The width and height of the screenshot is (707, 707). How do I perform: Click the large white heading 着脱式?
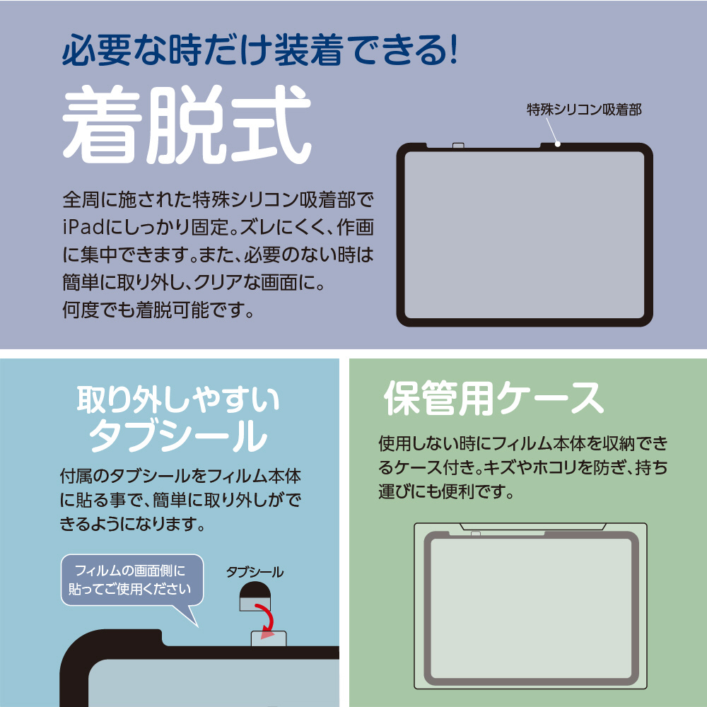click(x=187, y=124)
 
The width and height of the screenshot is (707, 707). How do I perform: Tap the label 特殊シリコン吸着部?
click(x=584, y=110)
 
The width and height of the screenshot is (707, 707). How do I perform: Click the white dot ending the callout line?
click(x=558, y=144)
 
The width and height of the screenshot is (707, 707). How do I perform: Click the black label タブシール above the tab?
click(x=255, y=572)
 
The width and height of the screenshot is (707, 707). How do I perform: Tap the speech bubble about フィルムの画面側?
click(x=132, y=582)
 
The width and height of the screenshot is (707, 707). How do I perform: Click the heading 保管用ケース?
click(x=493, y=398)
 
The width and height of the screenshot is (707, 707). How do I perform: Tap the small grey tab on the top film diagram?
click(x=458, y=145)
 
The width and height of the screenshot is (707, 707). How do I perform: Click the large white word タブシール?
click(x=178, y=435)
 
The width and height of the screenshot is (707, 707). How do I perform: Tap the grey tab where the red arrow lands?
click(x=269, y=638)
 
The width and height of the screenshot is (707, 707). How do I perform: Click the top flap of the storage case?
click(x=532, y=527)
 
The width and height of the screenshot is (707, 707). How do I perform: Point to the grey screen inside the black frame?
click(x=525, y=235)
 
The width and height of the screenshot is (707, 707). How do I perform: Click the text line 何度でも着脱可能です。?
click(x=158, y=310)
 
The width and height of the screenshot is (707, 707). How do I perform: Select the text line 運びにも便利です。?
click(x=447, y=491)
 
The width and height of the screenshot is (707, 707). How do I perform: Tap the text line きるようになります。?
click(x=133, y=524)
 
